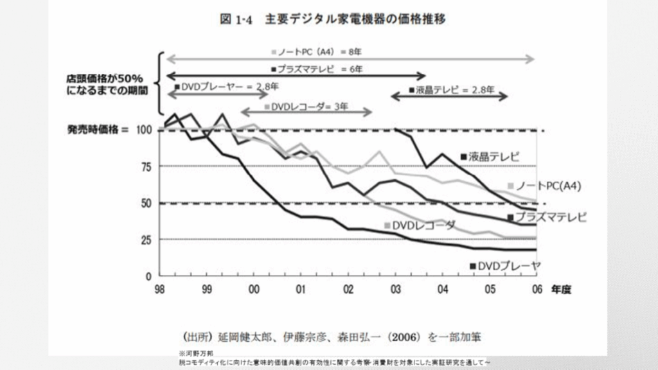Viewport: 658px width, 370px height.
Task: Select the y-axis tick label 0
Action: click(147, 276)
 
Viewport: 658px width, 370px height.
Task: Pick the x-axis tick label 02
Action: click(348, 289)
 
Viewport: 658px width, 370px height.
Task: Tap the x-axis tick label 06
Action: click(536, 289)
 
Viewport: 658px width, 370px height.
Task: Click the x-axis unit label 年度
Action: click(560, 290)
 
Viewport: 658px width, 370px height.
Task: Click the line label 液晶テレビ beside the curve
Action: click(493, 156)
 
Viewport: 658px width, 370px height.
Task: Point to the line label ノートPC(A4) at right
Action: click(548, 186)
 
